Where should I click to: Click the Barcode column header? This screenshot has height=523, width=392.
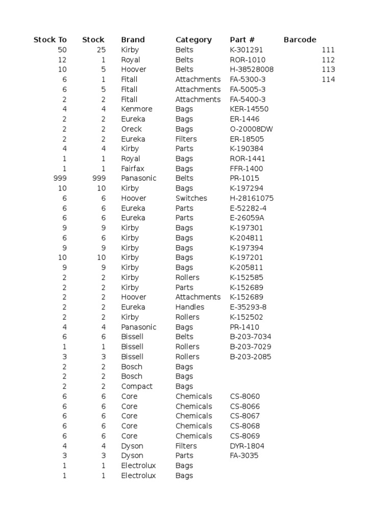(300, 40)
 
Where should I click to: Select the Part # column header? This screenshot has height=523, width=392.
(242, 40)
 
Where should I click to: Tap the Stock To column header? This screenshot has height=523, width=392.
(50, 40)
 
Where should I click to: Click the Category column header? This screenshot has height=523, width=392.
(193, 40)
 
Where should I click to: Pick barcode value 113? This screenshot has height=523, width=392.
(328, 69)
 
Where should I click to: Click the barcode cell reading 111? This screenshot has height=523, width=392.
(328, 50)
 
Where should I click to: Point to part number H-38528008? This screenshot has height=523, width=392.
(252, 69)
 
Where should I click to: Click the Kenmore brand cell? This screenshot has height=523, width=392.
(136, 109)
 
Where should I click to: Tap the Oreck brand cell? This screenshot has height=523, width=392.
(131, 129)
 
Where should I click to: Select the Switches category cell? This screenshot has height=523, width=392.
(191, 198)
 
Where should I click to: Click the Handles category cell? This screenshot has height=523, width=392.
(190, 307)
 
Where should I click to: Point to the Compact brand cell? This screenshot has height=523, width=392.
(137, 386)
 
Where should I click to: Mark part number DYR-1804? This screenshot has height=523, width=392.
(247, 446)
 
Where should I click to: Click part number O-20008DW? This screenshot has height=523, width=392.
(251, 129)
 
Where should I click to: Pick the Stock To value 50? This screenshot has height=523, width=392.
(62, 50)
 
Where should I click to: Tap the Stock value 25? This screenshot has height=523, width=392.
(101, 50)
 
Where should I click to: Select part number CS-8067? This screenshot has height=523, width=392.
(245, 416)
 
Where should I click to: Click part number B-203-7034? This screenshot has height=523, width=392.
(251, 337)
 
